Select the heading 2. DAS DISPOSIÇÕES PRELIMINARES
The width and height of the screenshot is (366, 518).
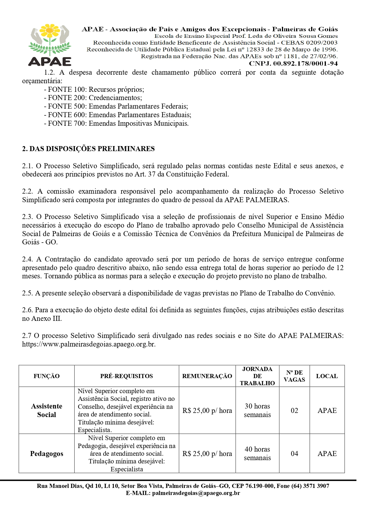click(88, 149)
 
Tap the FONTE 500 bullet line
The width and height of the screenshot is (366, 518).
click(116, 106)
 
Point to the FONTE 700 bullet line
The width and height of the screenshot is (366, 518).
click(116, 123)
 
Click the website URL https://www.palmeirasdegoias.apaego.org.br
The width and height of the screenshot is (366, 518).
click(89, 344)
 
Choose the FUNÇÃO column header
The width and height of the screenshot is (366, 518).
click(47, 376)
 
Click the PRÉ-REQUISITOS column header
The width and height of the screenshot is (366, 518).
click(127, 376)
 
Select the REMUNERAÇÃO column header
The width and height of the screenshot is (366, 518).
click(207, 376)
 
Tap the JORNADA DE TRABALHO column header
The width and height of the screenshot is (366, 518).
click(257, 376)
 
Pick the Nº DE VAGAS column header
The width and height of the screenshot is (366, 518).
click(294, 376)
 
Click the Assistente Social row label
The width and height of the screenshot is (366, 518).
click(47, 410)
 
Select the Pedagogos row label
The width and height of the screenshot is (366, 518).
click(47, 454)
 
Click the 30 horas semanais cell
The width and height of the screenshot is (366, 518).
click(257, 410)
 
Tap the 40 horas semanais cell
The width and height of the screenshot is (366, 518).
click(257, 454)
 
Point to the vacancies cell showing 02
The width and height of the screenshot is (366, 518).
click(294, 411)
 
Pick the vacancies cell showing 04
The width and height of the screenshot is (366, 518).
click(294, 454)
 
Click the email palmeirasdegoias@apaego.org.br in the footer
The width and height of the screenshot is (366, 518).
click(196, 493)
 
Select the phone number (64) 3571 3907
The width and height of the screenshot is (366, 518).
click(310, 486)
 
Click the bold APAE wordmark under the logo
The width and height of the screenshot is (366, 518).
click(50, 61)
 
